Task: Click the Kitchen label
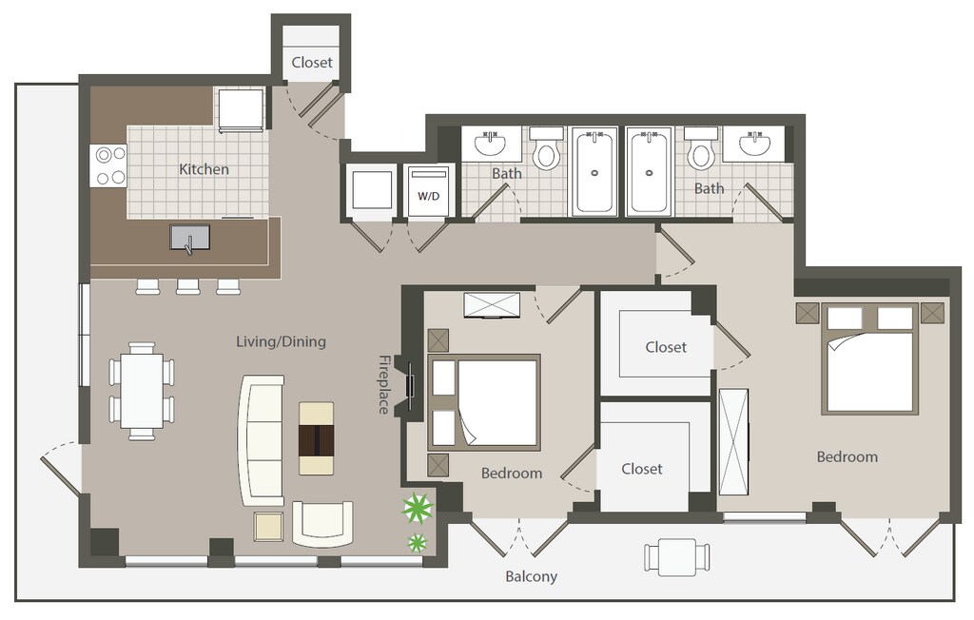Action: pyautogui.click(x=204, y=169)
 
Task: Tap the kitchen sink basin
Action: pyautogui.click(x=190, y=238)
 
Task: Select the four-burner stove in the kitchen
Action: pyautogui.click(x=109, y=165)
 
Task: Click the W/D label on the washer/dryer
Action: pyautogui.click(x=428, y=196)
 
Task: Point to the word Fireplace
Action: pyautogui.click(x=384, y=384)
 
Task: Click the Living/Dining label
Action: pyautogui.click(x=281, y=341)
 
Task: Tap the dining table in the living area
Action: pyautogui.click(x=142, y=392)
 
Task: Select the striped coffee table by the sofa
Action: pyautogui.click(x=316, y=438)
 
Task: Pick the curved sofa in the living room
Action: pyautogui.click(x=261, y=440)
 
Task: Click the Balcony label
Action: pyautogui.click(x=531, y=576)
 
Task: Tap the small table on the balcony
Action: pyautogui.click(x=677, y=556)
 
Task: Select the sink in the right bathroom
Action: pyautogui.click(x=754, y=145)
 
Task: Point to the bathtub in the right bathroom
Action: pyautogui.click(x=649, y=171)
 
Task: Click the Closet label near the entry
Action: pyautogui.click(x=312, y=62)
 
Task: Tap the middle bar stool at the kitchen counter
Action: pyautogui.click(x=187, y=286)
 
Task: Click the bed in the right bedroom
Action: pyautogui.click(x=870, y=359)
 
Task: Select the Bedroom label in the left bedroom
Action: pyautogui.click(x=512, y=474)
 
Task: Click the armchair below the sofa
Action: pyautogui.click(x=322, y=524)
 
